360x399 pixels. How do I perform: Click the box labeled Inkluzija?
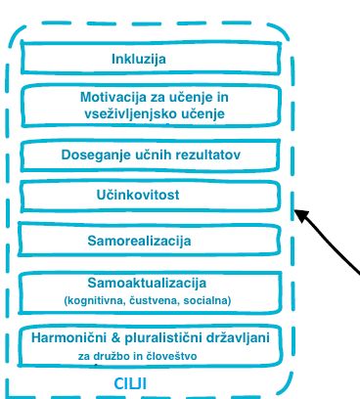click(153, 59)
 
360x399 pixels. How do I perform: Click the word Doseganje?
click(96, 155)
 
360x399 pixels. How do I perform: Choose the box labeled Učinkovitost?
click(153, 196)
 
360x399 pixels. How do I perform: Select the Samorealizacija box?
click(153, 240)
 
